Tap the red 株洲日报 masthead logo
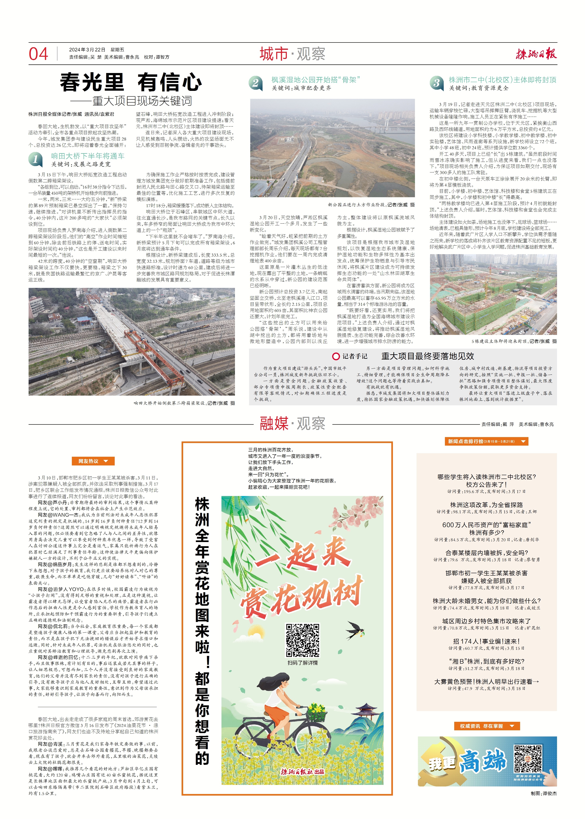point(536,54)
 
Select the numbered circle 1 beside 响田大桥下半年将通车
point(36,159)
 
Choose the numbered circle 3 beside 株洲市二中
point(436,83)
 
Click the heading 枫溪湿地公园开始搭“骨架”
point(316,80)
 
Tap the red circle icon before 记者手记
point(336,356)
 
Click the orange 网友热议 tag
point(93,461)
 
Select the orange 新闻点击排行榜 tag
point(486,441)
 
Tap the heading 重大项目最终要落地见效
point(428,356)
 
